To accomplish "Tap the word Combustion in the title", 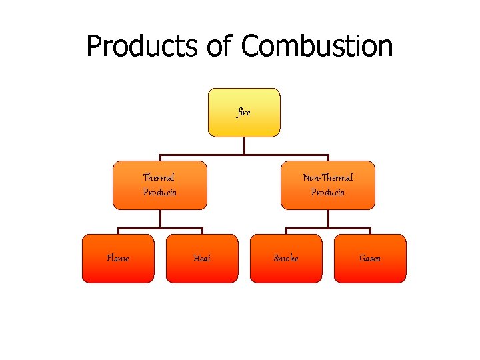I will (x=317, y=47).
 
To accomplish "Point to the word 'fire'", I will (x=244, y=113).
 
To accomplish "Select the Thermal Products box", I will (x=160, y=185).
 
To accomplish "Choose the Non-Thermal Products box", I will (x=328, y=185).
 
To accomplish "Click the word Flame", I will (x=118, y=258).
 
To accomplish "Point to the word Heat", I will (x=201, y=258).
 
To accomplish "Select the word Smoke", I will (x=286, y=258).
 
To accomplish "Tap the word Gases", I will (x=369, y=258).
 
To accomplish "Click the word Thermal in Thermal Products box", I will (x=159, y=177).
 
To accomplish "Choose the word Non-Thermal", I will (x=328, y=177).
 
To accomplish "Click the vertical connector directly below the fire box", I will (x=245, y=146).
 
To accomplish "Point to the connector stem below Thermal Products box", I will (x=160, y=219).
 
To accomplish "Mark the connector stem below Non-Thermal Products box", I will (x=328, y=219).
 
